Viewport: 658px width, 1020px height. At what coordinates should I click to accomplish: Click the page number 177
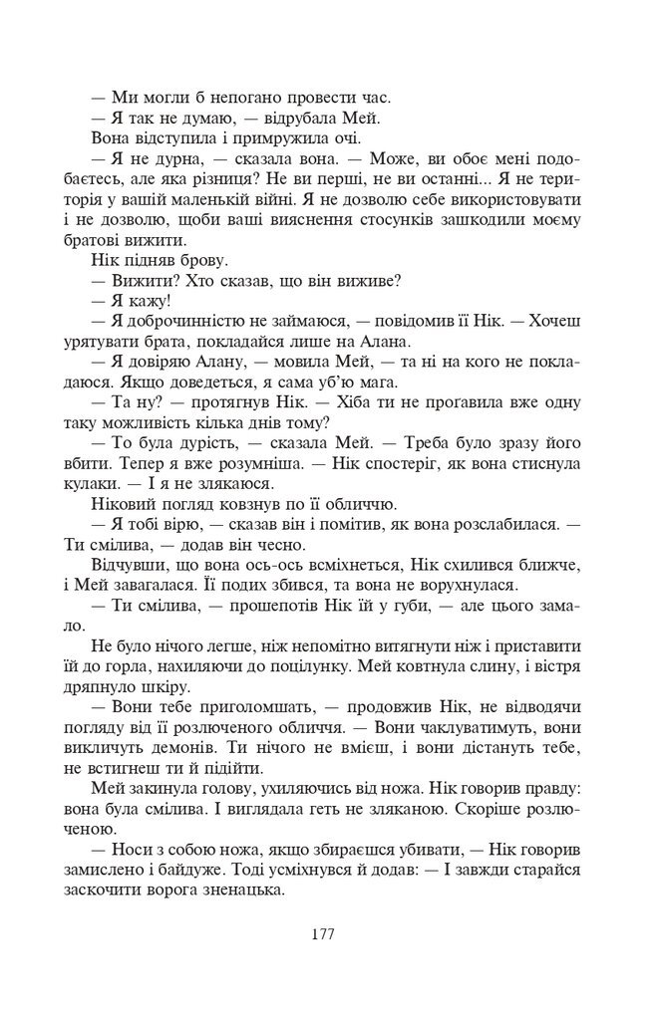click(321, 933)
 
